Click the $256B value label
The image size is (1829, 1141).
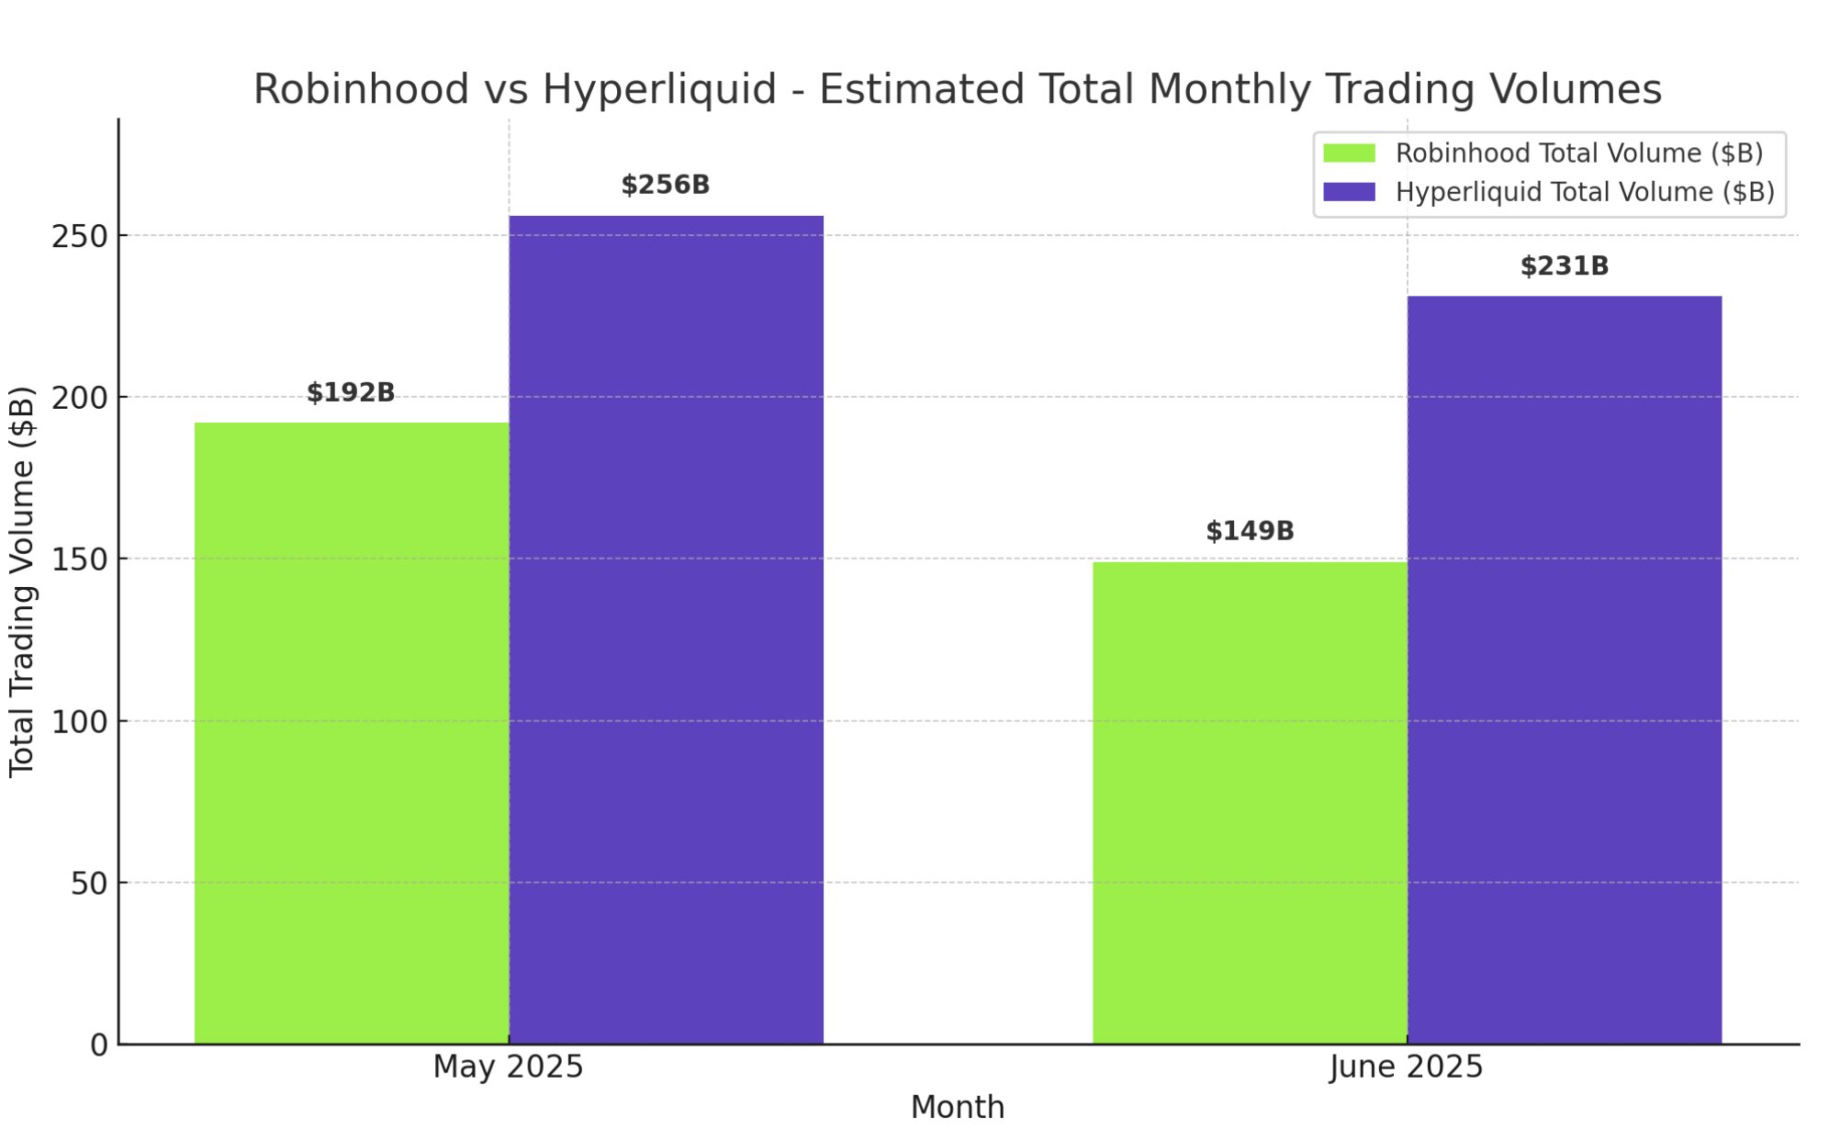tap(666, 186)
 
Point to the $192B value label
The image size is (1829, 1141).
tap(351, 393)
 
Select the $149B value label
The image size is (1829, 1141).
tap(1249, 531)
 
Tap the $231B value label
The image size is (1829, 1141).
tap(1564, 266)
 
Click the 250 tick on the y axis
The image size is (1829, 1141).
tap(79, 236)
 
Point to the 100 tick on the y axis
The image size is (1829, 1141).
tap(79, 722)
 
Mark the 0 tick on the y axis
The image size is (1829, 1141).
tap(99, 1045)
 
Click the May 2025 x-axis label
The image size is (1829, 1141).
tap(508, 1068)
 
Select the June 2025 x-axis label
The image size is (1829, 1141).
tap(1406, 1068)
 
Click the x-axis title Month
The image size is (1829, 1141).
tap(957, 1108)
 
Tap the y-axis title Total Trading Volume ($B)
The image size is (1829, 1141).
tap(22, 582)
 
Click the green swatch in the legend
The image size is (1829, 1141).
tap(1349, 153)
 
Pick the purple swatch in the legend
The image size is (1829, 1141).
tap(1349, 192)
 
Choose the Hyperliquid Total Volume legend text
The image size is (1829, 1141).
tap(1584, 192)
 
